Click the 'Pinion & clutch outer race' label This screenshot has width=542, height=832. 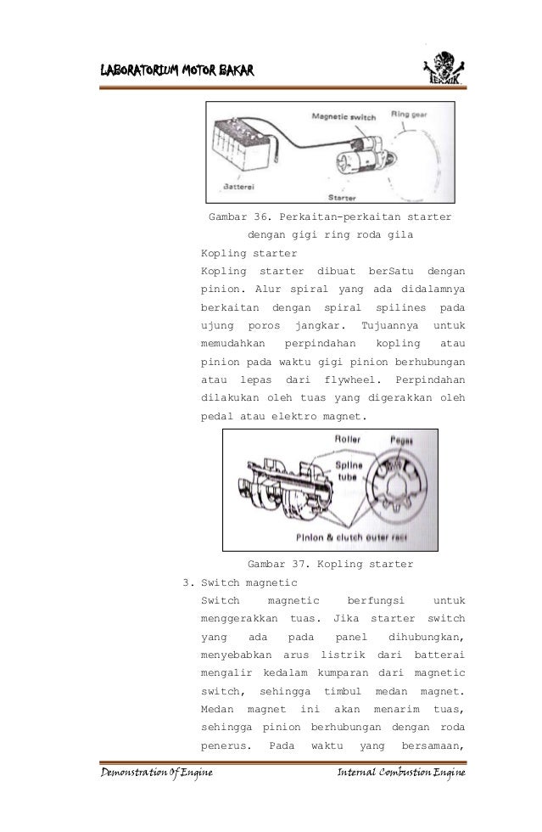coord(374,537)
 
